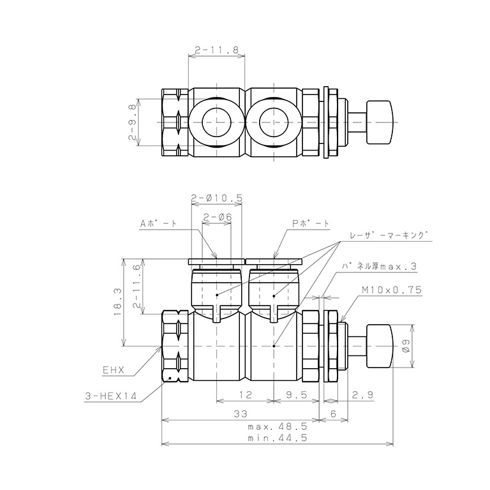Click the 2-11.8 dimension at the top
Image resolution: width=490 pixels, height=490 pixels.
point(216,50)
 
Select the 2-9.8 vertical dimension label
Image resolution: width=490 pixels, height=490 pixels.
point(133,122)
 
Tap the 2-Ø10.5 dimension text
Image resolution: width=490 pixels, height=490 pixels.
point(216,198)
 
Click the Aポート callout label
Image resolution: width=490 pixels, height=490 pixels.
point(158,223)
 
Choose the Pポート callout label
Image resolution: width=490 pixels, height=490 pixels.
point(311,223)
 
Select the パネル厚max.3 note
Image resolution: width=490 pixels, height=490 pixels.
point(379,266)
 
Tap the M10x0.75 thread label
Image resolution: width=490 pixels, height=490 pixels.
point(392,290)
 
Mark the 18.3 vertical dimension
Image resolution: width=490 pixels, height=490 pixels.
point(118,302)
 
